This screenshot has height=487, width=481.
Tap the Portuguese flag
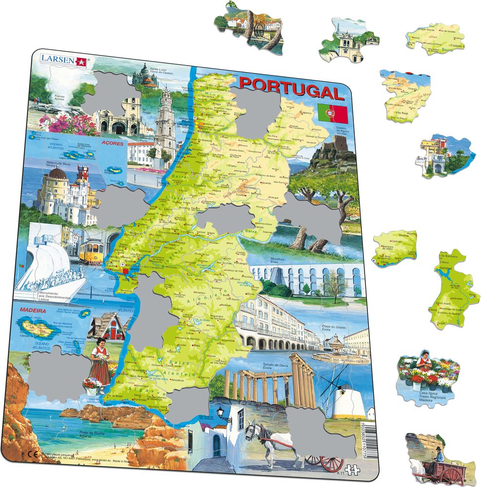[x=332, y=112]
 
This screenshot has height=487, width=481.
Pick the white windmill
[x=347, y=397]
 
